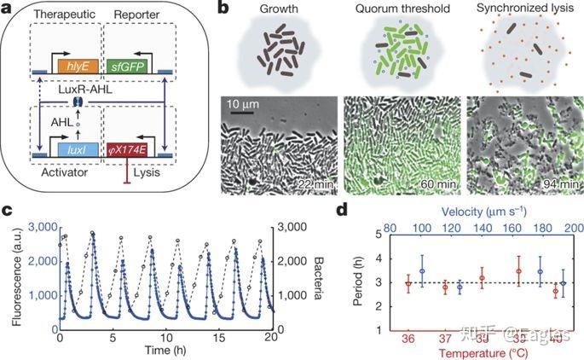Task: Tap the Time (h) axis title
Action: (x=165, y=351)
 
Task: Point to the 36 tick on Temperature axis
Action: (x=408, y=338)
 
